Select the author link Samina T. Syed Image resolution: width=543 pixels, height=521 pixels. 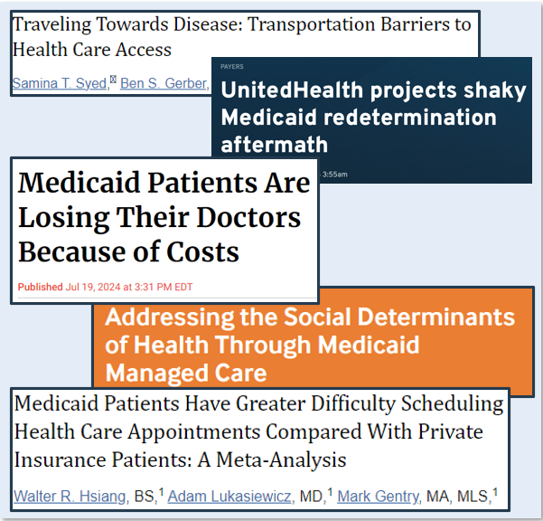(x=60, y=84)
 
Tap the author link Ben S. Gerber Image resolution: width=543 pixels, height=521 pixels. (x=164, y=84)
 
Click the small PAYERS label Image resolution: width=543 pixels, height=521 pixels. (x=231, y=67)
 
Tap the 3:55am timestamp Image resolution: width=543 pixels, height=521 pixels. (x=333, y=174)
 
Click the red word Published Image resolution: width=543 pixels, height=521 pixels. (x=41, y=288)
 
